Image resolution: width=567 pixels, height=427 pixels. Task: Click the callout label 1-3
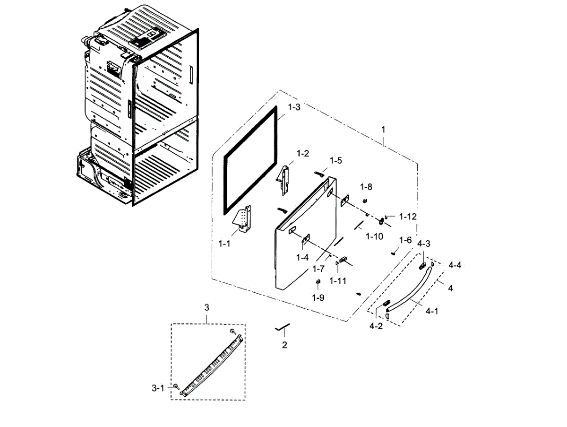(x=294, y=107)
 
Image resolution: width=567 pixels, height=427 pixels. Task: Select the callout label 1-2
(x=302, y=153)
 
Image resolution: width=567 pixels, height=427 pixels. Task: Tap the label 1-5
(x=335, y=160)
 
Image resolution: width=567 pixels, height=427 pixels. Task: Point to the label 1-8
(x=367, y=187)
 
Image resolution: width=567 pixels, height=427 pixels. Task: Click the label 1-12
(x=408, y=217)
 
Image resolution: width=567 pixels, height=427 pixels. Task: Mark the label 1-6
(x=405, y=240)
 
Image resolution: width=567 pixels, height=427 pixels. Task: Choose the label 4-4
(x=455, y=265)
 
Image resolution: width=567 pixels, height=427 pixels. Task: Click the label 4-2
(x=376, y=326)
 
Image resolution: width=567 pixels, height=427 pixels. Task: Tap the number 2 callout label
(x=284, y=345)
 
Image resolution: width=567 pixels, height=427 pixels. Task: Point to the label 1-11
(x=338, y=280)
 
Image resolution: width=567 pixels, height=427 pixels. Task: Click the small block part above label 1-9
(x=318, y=282)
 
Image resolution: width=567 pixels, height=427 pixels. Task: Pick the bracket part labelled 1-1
(x=244, y=219)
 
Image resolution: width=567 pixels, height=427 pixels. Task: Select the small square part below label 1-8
(x=365, y=200)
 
